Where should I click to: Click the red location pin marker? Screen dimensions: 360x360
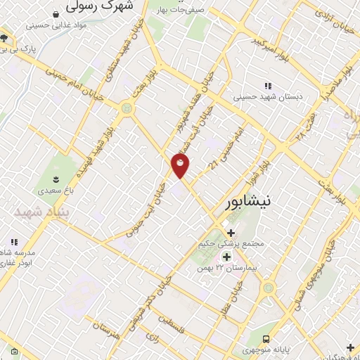pyautogui.click(x=181, y=166)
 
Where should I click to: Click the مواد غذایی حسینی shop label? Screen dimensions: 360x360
pyautogui.click(x=56, y=25)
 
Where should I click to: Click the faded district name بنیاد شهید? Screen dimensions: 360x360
pyautogui.click(x=43, y=211)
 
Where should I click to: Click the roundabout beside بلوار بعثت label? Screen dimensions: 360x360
pyautogui.click(x=127, y=108)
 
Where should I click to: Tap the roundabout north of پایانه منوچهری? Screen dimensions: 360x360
pyautogui.click(x=268, y=288)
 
